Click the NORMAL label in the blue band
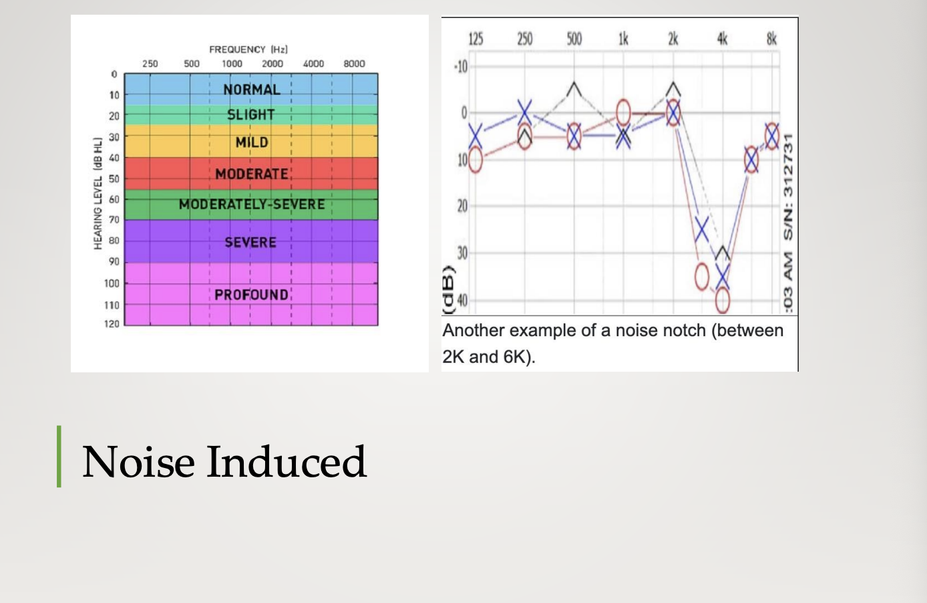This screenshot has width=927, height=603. (252, 90)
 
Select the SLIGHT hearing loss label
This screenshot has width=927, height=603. (251, 114)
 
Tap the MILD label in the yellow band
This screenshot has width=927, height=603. (252, 142)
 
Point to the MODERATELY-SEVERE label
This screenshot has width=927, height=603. (252, 204)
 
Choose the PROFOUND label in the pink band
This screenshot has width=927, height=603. (251, 294)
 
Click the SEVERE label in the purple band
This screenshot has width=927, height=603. (250, 242)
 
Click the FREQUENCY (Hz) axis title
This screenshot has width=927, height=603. (248, 49)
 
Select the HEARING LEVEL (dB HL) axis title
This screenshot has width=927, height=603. (98, 193)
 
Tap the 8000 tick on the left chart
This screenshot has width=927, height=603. (354, 64)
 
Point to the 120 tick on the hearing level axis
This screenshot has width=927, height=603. (112, 324)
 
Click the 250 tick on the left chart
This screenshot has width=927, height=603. (150, 64)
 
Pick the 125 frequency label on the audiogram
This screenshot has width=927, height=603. (476, 39)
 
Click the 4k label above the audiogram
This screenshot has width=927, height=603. (722, 39)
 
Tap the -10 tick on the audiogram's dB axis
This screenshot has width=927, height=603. (461, 66)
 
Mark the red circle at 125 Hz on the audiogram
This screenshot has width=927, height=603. (475, 160)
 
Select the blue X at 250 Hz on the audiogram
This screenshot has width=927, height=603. (524, 112)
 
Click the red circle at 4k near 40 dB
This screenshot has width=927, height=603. (723, 300)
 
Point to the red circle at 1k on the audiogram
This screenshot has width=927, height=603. (623, 112)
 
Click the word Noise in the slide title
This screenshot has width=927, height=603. (139, 462)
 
